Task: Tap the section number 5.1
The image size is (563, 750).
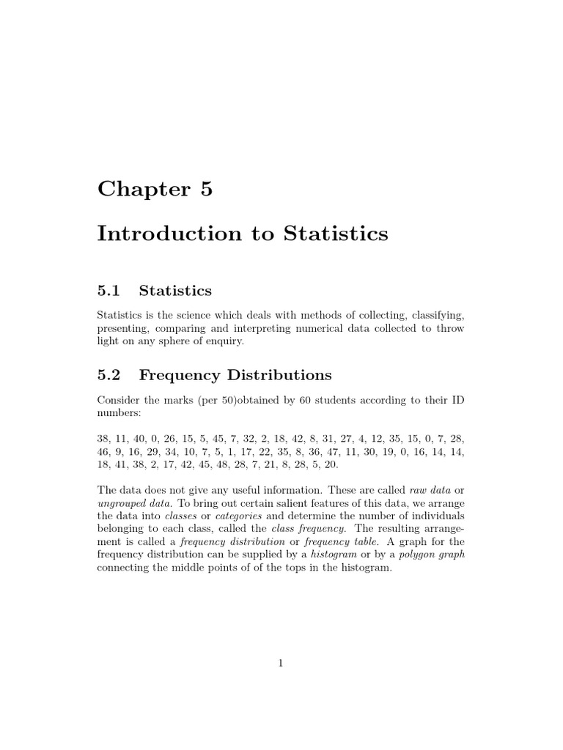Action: tap(108, 292)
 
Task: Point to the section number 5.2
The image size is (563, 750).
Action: tap(108, 376)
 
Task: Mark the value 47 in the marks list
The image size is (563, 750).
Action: tap(333, 453)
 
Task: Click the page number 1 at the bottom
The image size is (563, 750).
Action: tap(281, 664)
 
